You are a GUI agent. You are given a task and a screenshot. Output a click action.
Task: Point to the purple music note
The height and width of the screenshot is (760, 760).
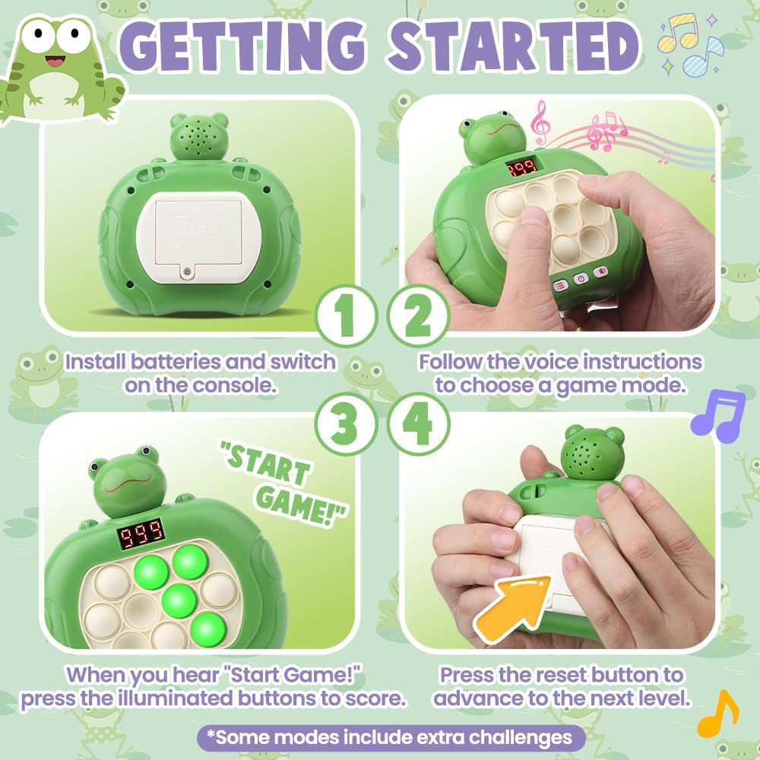717,416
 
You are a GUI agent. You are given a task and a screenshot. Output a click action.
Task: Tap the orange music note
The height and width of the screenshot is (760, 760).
718,715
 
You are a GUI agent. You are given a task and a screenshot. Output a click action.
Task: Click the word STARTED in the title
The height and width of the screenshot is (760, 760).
511,46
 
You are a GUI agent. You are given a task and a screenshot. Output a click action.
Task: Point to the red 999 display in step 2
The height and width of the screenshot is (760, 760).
522,166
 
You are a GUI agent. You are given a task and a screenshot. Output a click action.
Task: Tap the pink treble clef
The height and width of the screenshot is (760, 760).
540,124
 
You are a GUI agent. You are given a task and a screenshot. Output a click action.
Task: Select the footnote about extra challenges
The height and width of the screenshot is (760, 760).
391,737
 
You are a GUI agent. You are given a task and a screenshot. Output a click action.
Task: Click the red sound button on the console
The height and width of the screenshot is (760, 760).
600,272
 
